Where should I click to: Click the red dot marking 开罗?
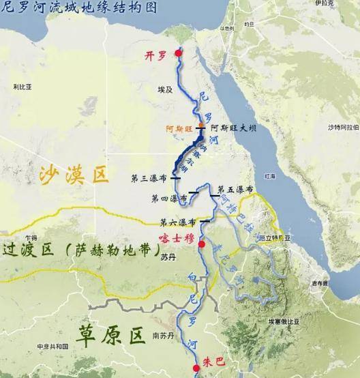[x=179, y=53]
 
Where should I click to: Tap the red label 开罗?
[x=156, y=56]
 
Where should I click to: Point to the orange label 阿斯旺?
[x=180, y=128]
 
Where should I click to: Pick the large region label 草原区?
[x=111, y=335]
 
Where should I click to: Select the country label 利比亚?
[x=22, y=87]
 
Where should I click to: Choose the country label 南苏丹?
[x=164, y=335]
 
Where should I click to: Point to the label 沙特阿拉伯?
[x=342, y=127]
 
